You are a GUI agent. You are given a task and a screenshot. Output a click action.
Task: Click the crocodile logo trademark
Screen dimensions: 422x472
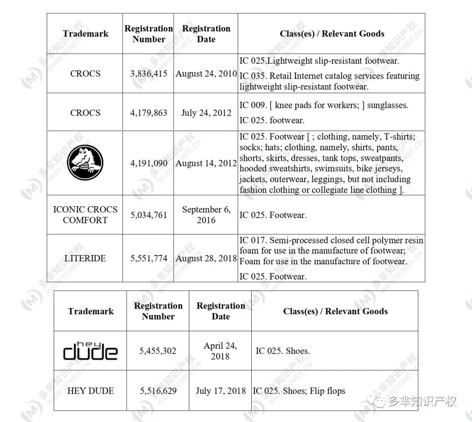click(x=85, y=163)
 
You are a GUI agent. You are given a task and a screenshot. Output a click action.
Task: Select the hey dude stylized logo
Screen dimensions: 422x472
click(x=90, y=350)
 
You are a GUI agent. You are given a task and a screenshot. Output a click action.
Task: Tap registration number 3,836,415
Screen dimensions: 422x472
click(x=149, y=73)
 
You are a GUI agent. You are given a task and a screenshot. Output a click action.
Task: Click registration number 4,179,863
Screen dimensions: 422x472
click(x=149, y=113)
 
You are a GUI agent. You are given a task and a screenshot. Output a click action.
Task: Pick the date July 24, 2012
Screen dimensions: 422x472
click(x=206, y=113)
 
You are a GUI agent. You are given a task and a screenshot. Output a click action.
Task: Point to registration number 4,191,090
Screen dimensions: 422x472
click(x=149, y=163)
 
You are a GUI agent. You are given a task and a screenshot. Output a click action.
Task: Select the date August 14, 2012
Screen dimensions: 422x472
click(x=206, y=163)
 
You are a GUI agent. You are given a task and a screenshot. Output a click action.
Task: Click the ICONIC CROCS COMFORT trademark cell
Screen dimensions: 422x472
click(x=85, y=214)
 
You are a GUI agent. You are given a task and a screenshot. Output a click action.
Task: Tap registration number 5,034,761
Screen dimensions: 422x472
click(x=149, y=215)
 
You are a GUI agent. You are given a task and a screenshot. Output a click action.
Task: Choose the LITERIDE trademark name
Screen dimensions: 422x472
click(x=85, y=258)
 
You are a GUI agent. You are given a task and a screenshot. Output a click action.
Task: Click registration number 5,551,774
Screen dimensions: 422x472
click(x=149, y=258)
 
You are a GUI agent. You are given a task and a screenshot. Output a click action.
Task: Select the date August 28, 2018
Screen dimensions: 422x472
click(x=206, y=258)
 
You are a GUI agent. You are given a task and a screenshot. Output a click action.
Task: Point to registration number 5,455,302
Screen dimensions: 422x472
click(x=158, y=350)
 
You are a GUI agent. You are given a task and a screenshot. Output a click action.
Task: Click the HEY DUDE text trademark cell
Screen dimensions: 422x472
click(x=90, y=391)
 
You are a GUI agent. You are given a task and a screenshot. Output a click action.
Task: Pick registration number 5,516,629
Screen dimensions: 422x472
click(x=158, y=391)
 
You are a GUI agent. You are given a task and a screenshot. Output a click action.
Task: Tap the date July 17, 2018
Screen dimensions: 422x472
click(x=221, y=391)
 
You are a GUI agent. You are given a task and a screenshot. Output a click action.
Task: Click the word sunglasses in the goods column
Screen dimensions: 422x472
click(x=387, y=105)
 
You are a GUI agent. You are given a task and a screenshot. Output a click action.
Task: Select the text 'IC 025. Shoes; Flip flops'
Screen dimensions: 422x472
click(x=299, y=391)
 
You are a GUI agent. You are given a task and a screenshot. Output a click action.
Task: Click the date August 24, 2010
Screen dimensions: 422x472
click(x=206, y=73)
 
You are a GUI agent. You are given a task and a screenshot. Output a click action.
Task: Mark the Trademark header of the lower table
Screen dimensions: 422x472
click(x=90, y=311)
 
